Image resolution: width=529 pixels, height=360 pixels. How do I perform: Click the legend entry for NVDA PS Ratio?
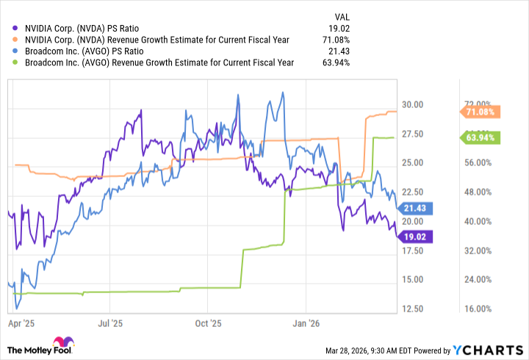click(92, 29)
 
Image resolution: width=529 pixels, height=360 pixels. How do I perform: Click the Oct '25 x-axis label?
click(209, 322)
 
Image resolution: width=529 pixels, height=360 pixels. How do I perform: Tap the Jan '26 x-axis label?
click(306, 322)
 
